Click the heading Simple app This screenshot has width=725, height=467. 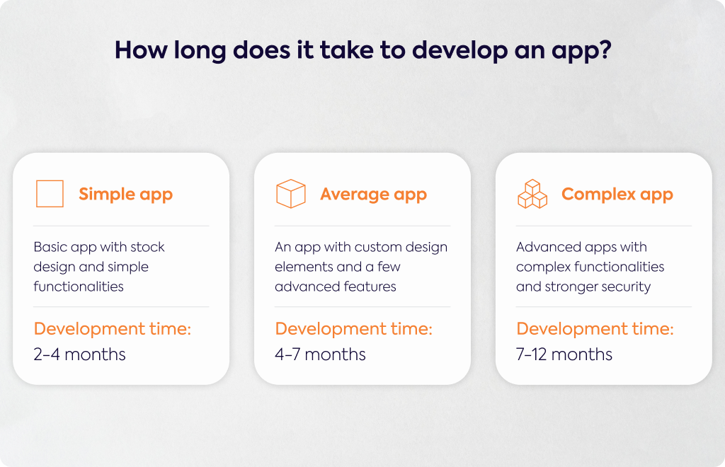(x=126, y=195)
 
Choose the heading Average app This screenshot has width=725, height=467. (x=374, y=195)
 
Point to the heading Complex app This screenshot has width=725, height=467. (x=617, y=195)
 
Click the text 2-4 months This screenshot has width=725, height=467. (x=79, y=354)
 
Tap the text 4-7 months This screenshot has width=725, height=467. (x=320, y=354)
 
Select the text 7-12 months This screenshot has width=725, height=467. (x=564, y=354)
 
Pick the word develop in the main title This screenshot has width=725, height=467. (x=459, y=51)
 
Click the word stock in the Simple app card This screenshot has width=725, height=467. (x=147, y=247)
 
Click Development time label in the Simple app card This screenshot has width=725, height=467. (x=113, y=329)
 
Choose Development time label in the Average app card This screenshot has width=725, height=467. (x=354, y=329)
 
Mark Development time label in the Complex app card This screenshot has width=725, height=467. (x=595, y=329)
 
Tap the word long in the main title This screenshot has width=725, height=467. (x=200, y=51)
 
